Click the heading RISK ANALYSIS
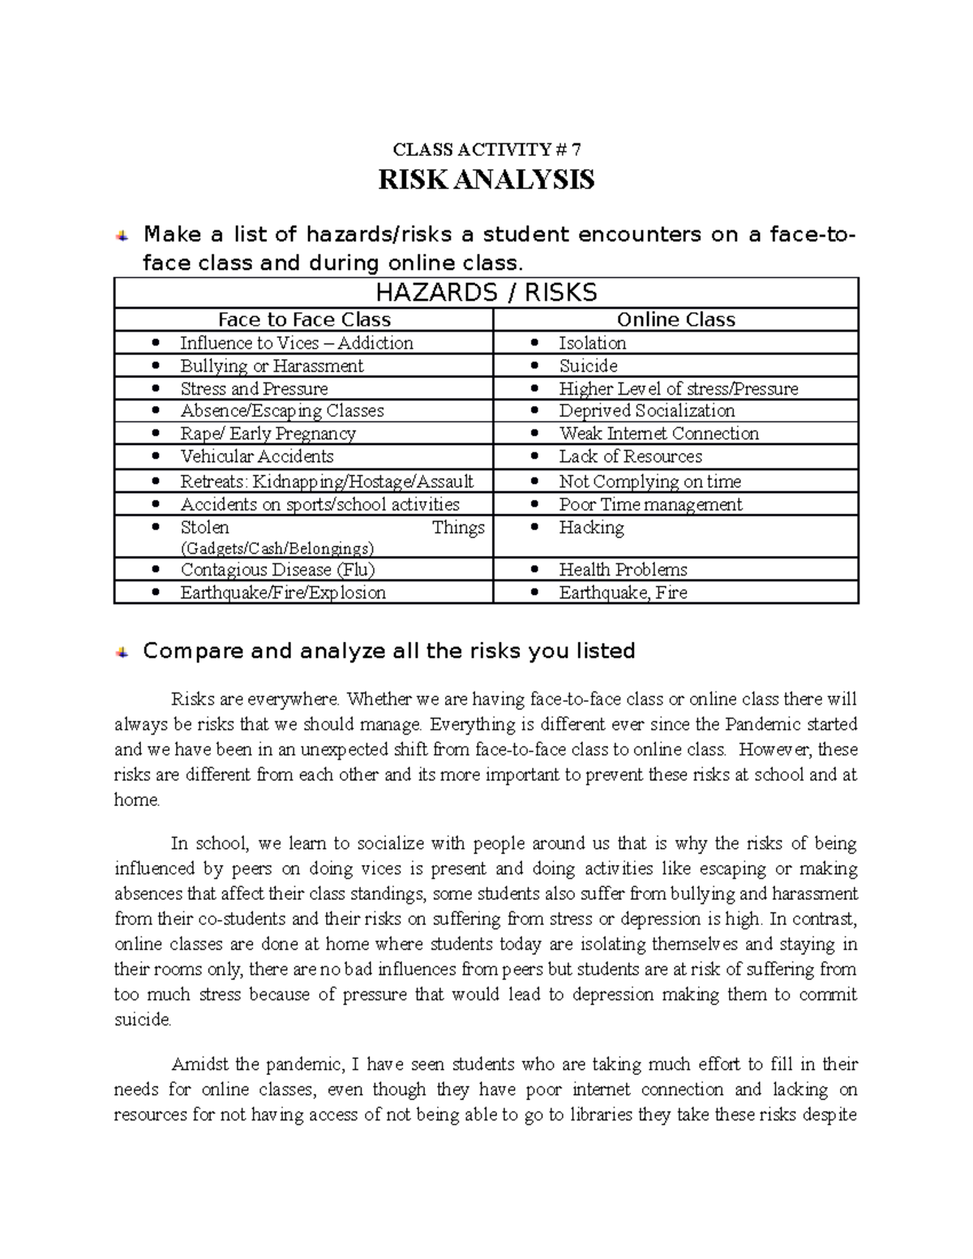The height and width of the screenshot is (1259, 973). [486, 179]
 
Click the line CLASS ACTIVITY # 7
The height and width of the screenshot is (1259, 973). [486, 149]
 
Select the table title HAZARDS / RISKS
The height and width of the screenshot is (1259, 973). [486, 293]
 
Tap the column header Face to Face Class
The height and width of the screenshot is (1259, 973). [304, 319]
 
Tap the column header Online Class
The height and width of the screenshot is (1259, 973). [675, 319]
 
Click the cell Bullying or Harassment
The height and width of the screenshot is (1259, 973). [272, 366]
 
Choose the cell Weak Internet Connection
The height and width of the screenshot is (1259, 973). [658, 434]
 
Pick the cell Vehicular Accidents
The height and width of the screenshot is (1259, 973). [257, 456]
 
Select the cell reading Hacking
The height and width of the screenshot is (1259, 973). [591, 528]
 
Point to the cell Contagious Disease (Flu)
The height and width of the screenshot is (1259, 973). [277, 570]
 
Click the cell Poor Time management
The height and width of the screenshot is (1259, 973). [650, 504]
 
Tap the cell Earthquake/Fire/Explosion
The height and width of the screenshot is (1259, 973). [283, 593]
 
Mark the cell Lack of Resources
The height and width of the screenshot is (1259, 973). [630, 456]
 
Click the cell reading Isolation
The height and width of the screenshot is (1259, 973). [592, 343]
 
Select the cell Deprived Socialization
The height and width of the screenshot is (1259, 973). [646, 411]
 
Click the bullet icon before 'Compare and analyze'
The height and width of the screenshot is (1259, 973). [122, 652]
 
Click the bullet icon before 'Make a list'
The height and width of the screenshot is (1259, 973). [122, 236]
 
